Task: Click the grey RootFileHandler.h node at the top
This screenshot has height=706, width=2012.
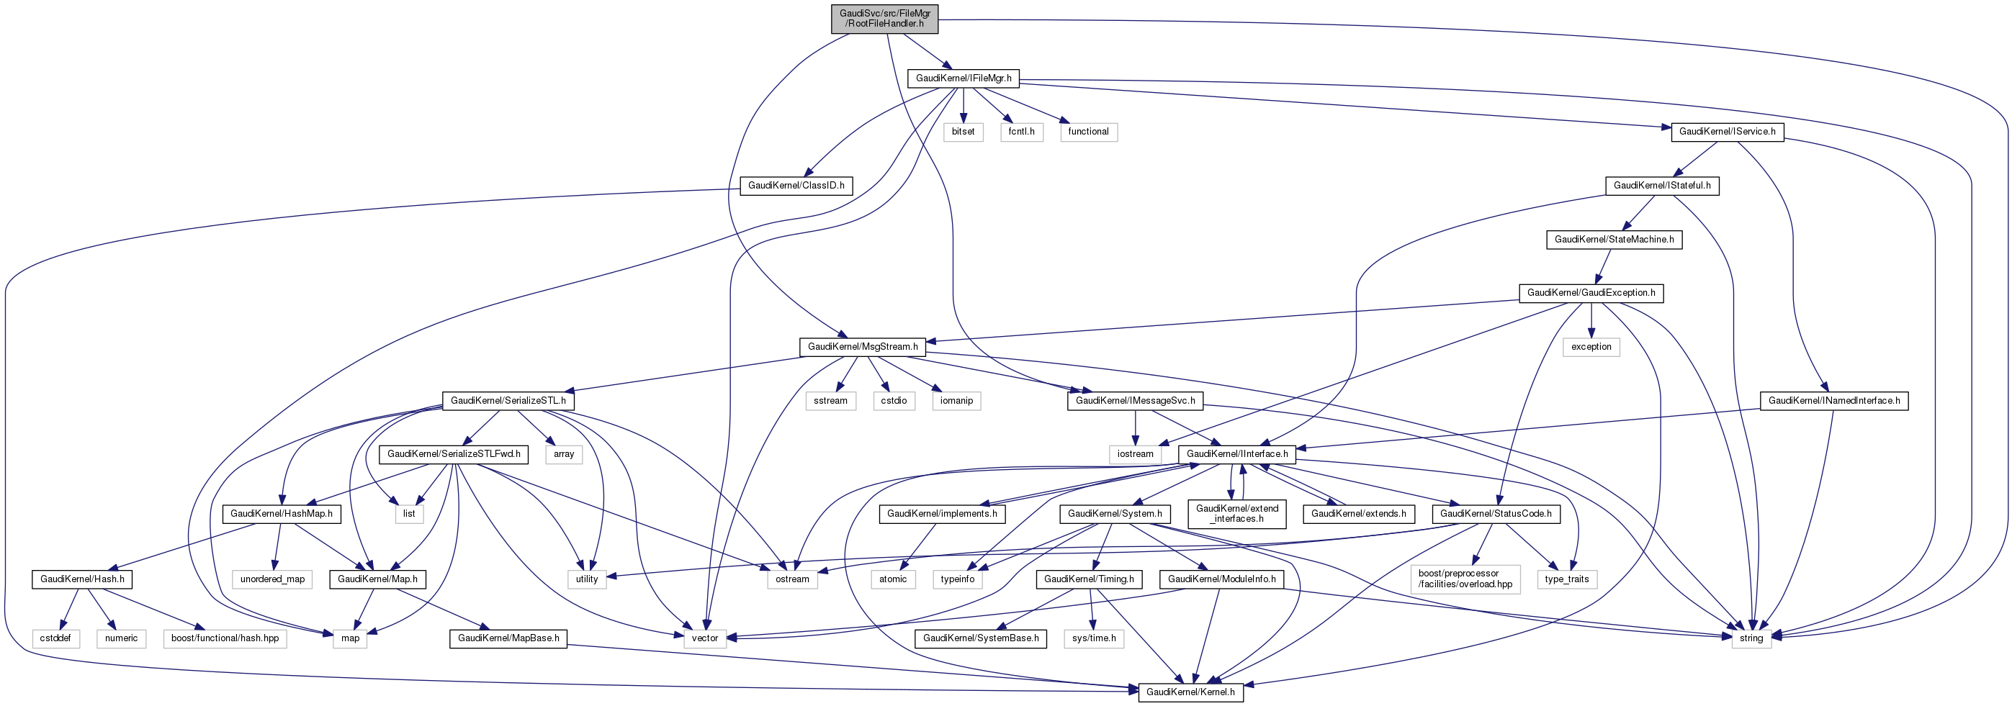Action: pos(884,18)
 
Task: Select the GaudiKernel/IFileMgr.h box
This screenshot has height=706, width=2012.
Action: pos(963,78)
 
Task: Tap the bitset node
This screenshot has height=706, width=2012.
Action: pos(963,132)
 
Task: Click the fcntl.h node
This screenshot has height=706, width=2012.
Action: pos(1021,132)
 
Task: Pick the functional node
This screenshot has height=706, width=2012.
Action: pos(1088,132)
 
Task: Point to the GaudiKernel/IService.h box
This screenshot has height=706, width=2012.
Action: pos(1727,132)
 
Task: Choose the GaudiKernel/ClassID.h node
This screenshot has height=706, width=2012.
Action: pos(796,186)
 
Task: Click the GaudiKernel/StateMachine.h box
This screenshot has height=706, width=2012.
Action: pos(1614,240)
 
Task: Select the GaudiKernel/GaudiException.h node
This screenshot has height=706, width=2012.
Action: pos(1591,293)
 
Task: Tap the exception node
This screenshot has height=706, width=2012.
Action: pos(1591,347)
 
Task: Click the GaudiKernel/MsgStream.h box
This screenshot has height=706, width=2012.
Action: pos(862,347)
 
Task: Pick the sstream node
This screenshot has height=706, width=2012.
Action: pos(830,401)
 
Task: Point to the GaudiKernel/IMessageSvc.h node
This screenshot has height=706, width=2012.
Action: pos(1135,401)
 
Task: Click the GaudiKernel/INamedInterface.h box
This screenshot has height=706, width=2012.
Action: pos(1834,401)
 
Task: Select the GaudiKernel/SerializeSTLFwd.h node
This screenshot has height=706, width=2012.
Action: pos(454,453)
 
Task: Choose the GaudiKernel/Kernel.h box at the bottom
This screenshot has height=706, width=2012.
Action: pos(1190,692)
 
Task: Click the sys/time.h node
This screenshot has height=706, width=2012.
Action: pos(1093,639)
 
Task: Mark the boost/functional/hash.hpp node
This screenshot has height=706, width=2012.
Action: pos(225,639)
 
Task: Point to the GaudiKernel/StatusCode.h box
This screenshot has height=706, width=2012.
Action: pos(1496,514)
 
